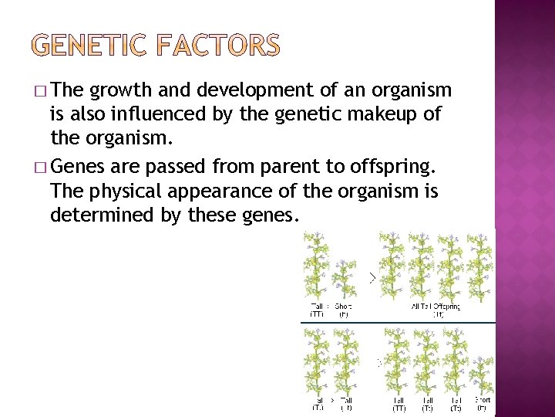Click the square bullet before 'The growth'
(x=41, y=91)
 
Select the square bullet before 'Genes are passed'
(x=41, y=167)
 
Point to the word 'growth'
(x=116, y=91)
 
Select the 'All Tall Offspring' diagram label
(x=436, y=307)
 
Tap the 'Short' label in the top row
(x=343, y=307)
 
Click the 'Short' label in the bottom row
(x=482, y=400)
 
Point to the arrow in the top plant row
(x=372, y=276)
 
